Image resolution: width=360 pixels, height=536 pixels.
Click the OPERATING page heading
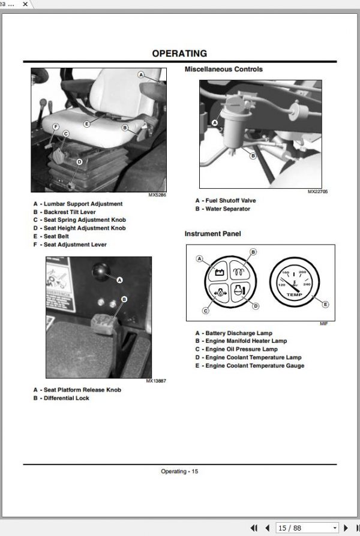[x=179, y=53]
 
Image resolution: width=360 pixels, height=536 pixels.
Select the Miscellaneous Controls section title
[x=223, y=69]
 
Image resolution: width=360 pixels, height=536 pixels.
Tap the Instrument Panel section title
[x=212, y=234]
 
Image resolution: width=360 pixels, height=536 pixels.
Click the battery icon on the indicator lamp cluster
[x=220, y=272]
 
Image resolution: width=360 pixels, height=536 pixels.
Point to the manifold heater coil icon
[x=239, y=272]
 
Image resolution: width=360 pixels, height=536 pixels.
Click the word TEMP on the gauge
[x=294, y=294]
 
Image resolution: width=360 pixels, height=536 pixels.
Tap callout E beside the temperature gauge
[x=325, y=304]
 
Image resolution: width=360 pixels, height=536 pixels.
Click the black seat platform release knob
[x=101, y=272]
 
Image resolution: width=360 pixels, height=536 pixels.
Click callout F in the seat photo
[x=55, y=127]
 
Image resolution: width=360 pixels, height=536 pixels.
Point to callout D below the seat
[x=79, y=162]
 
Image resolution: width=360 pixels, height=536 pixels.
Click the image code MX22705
[x=317, y=192]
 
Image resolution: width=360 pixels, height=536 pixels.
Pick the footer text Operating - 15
[x=179, y=471]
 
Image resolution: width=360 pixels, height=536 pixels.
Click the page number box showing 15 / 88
[x=307, y=528]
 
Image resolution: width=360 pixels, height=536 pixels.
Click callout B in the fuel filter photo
[x=253, y=156]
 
